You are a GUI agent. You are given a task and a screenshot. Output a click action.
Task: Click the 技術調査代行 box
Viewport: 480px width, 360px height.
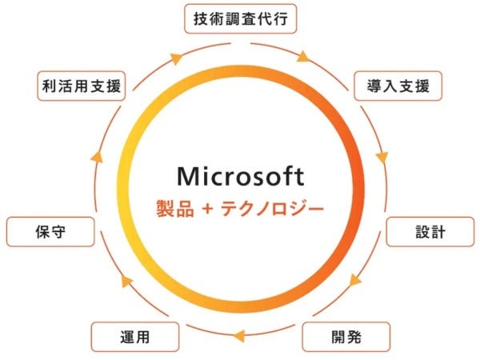coord(241,18)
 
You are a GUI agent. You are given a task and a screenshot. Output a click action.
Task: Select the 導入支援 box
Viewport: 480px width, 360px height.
coord(398,86)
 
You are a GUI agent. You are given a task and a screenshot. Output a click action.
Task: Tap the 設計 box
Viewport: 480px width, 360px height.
coord(430,232)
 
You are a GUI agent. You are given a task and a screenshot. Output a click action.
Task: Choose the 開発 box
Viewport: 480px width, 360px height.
coord(346,337)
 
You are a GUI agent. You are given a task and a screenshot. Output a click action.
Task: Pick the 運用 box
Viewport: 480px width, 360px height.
coord(135,337)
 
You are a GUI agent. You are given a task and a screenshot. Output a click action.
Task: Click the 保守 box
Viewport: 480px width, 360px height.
coord(50,232)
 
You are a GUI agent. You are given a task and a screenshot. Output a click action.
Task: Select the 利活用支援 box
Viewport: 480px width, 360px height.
coord(82,86)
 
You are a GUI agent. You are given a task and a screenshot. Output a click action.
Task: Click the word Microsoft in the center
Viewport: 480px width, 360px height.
coord(241,176)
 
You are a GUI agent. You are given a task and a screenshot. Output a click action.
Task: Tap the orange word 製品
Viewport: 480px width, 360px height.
coord(175,209)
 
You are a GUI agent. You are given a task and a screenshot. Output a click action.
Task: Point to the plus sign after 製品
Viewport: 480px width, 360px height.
coord(207,210)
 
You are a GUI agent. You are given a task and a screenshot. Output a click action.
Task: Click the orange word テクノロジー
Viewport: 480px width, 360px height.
coord(272,209)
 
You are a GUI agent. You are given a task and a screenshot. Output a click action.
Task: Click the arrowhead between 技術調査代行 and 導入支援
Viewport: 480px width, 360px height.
coord(304,57)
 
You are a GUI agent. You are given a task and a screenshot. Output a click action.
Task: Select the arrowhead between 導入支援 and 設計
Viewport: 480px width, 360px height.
coord(382,158)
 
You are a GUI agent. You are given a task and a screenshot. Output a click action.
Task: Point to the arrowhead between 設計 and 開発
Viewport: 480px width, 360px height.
coord(355,280)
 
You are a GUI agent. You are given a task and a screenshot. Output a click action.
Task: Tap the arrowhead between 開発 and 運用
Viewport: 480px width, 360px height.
coord(238,335)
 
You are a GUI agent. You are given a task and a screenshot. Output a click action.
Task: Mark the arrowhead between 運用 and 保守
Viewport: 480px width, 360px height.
coord(126,281)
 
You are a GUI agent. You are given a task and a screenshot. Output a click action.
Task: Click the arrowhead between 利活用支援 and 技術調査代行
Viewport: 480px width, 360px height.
coord(177,58)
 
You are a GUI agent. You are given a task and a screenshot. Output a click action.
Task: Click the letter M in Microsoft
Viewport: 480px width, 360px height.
coord(188,176)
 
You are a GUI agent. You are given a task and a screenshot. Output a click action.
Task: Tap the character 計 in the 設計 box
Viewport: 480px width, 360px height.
coord(438,232)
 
